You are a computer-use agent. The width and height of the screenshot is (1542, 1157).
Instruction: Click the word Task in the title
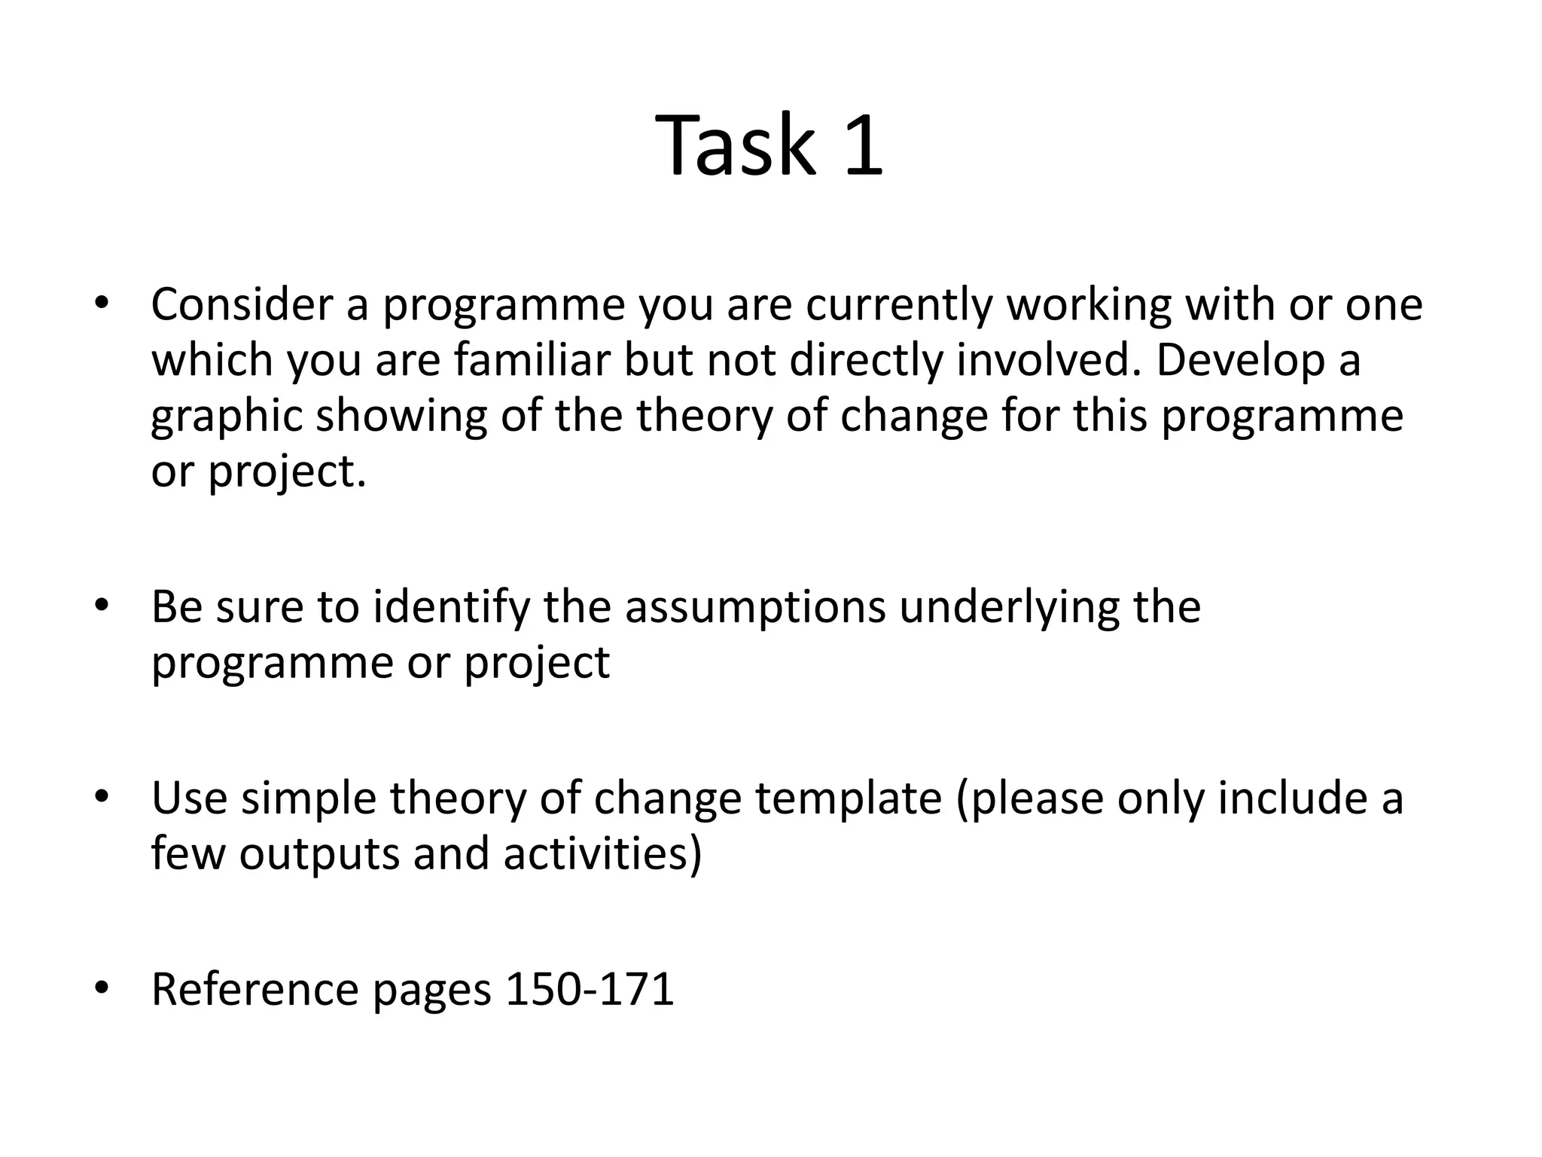click(x=736, y=145)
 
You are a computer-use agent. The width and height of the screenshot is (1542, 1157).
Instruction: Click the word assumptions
click(x=755, y=606)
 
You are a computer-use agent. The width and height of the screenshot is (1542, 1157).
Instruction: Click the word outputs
click(x=320, y=854)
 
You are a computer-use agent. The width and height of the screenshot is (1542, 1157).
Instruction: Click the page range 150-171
click(x=590, y=989)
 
